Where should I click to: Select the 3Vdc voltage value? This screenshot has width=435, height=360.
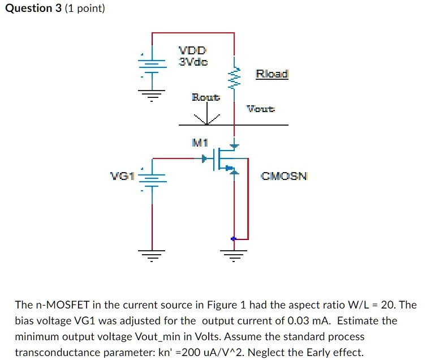(193, 61)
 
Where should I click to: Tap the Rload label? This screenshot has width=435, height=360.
(272, 74)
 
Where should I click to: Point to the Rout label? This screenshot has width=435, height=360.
(206, 97)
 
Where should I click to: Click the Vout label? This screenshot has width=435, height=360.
(261, 108)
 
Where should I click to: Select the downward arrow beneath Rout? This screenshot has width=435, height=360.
(206, 118)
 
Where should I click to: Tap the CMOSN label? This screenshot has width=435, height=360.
(284, 176)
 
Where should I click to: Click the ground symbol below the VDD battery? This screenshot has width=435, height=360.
(152, 94)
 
